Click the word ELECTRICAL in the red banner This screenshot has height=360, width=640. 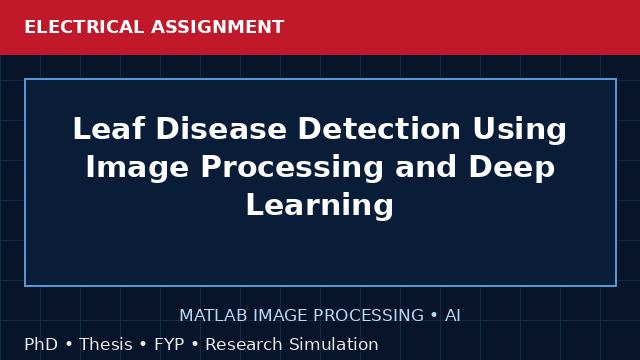pyautogui.click(x=84, y=27)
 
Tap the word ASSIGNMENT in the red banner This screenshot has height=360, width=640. pyautogui.click(x=218, y=27)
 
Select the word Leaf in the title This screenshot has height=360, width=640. pyautogui.click(x=109, y=129)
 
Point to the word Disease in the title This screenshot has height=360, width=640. pyautogui.click(x=221, y=129)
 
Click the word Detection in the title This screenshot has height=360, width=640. pyautogui.click(x=380, y=129)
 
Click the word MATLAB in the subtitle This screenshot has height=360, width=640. pyautogui.click(x=213, y=315)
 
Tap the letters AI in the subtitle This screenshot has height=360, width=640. pyautogui.click(x=453, y=315)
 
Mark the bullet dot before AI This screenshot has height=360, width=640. pyautogui.click(x=434, y=315)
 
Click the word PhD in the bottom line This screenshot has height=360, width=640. pyautogui.click(x=41, y=344)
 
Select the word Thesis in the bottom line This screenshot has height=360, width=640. pyautogui.click(x=106, y=344)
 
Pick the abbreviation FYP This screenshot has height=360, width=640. pyautogui.click(x=169, y=344)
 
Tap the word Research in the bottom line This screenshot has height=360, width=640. pyautogui.click(x=244, y=344)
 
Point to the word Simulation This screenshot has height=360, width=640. pyautogui.click(x=334, y=344)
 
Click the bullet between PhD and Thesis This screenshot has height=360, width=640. pyautogui.click(x=69, y=344)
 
